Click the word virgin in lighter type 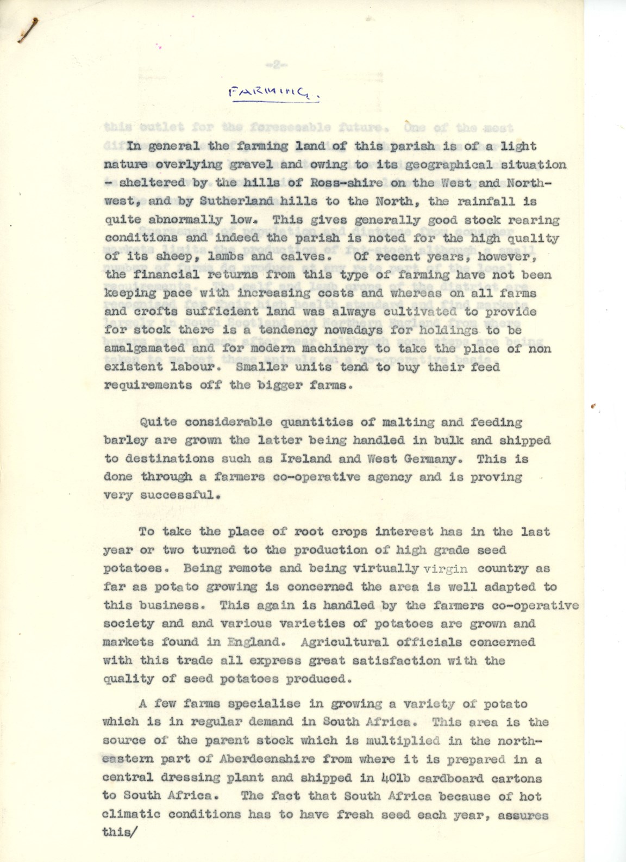[x=445, y=569]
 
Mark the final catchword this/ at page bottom [x=118, y=833]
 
